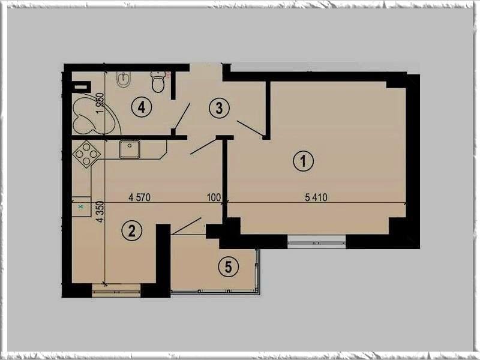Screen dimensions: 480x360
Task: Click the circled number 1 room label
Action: click(304, 160)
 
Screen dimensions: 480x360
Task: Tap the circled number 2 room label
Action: click(131, 230)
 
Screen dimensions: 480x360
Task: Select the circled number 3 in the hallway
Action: click(219, 108)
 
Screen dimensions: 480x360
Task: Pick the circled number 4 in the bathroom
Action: click(142, 107)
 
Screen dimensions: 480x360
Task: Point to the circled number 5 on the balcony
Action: click(229, 266)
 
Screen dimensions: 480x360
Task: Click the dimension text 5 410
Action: click(316, 197)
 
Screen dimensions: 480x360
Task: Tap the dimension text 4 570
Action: click(140, 197)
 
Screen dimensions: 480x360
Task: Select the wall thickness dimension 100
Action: click(214, 197)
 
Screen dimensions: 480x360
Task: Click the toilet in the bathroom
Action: click(158, 82)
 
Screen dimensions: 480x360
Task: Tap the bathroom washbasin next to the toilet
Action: click(124, 80)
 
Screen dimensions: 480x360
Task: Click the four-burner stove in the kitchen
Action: click(86, 154)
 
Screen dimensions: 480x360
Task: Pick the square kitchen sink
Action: click(130, 149)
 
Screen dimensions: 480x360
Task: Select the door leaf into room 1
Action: click(250, 128)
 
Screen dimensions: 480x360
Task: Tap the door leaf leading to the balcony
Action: click(186, 226)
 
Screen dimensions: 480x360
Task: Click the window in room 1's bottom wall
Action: click(317, 242)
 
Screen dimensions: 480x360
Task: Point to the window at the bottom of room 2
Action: click(116, 290)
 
